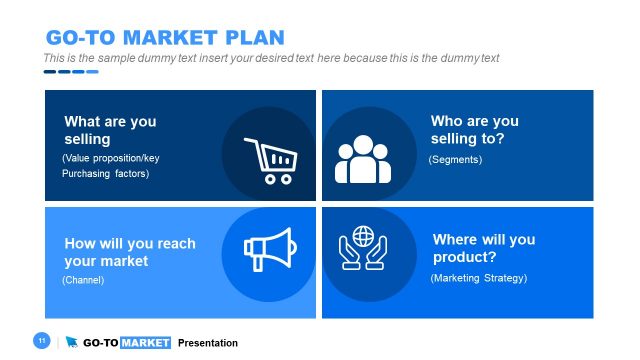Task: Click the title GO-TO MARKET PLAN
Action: [165, 37]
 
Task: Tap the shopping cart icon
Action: [269, 159]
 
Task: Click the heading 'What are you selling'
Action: [110, 130]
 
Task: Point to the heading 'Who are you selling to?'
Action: [474, 130]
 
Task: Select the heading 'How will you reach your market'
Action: [130, 252]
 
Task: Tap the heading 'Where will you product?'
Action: [483, 249]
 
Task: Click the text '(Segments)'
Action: [455, 160]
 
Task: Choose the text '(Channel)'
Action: [83, 280]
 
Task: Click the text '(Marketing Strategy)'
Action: [478, 278]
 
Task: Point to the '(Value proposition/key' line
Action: [110, 159]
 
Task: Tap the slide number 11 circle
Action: [42, 342]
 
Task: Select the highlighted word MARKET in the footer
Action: [145, 343]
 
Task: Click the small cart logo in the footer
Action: [71, 343]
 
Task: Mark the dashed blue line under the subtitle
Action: [70, 72]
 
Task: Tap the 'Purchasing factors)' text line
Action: [105, 174]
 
